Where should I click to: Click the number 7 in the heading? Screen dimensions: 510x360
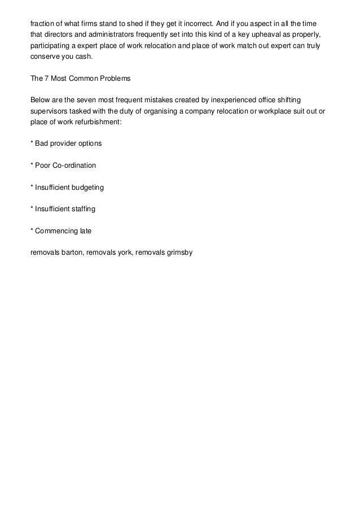point(47,79)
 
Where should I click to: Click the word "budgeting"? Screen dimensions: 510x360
point(89,187)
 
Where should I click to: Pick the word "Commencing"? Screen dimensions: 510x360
point(57,230)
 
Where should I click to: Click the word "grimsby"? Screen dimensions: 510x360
point(179,252)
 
